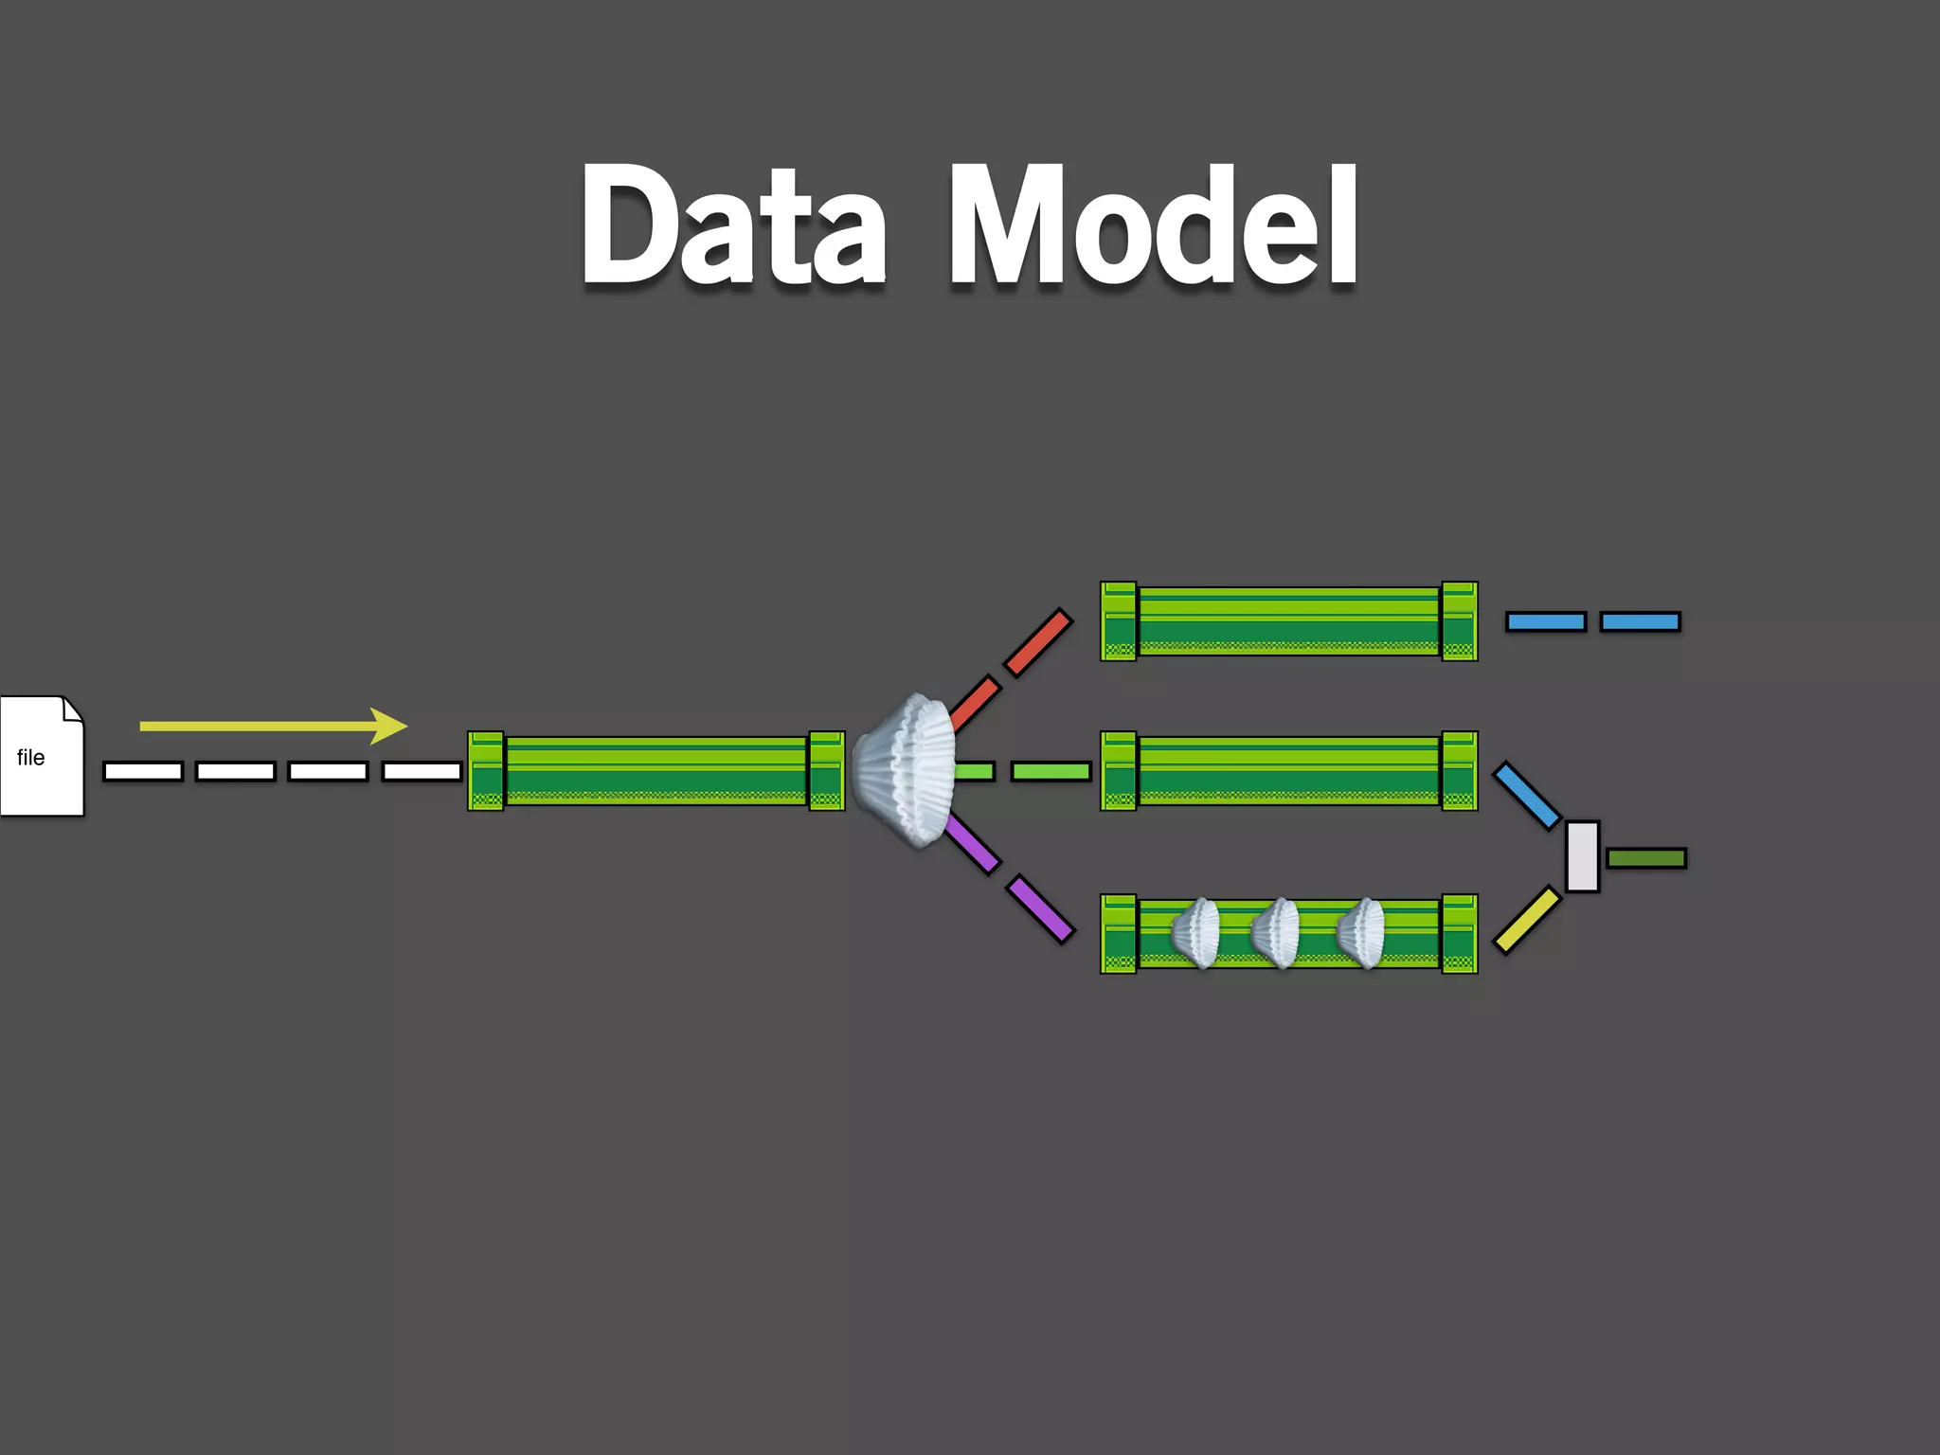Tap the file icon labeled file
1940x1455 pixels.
coord(42,756)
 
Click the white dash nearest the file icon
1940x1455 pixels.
coord(143,771)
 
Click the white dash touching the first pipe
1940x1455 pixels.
coord(422,771)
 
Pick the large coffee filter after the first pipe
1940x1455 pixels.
coord(905,769)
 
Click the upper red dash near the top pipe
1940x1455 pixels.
coord(1038,643)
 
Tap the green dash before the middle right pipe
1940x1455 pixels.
coord(1051,771)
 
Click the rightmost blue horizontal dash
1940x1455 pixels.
coord(1641,621)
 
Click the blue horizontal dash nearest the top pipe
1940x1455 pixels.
coord(1546,621)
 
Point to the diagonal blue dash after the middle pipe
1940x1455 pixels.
coord(1527,796)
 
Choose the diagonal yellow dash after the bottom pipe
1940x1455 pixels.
coord(1527,919)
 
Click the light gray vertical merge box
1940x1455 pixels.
coord(1582,856)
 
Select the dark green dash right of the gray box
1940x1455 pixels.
coord(1646,858)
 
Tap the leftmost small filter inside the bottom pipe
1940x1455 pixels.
coord(1197,933)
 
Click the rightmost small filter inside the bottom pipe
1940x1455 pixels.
coord(1362,933)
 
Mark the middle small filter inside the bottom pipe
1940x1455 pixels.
coord(1278,933)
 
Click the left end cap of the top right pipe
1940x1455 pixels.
coord(1119,621)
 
